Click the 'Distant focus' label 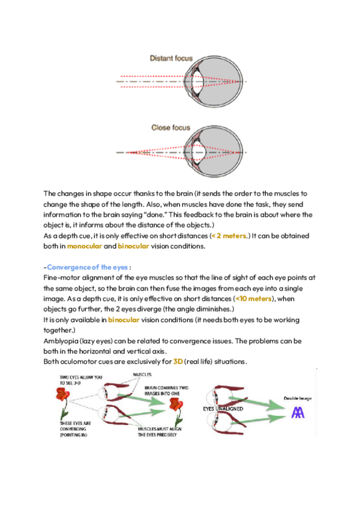171,58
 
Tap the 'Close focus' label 171,128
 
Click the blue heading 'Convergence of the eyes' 88,267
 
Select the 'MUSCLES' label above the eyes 142,374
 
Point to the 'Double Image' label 298,399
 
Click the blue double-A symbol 298,412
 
